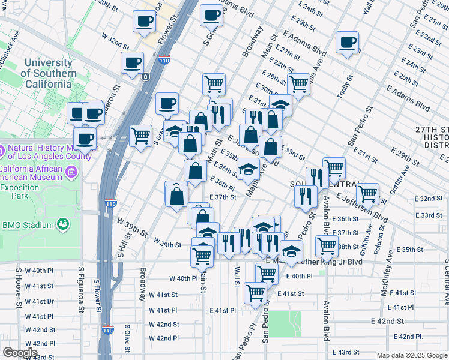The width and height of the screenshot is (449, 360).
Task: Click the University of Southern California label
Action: pos(49,74)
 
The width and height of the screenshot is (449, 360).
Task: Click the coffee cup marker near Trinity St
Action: pos(347,43)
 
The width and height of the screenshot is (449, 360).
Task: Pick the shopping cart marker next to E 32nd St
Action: pos(367,194)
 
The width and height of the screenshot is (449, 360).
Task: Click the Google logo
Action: pos(20,353)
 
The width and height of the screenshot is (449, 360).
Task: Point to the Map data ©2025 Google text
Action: pos(411,355)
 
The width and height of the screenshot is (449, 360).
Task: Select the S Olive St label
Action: pos(127,339)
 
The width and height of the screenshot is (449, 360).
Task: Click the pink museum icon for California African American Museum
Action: pos(73,173)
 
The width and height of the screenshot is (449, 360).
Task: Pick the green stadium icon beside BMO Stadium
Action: pos(62,224)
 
